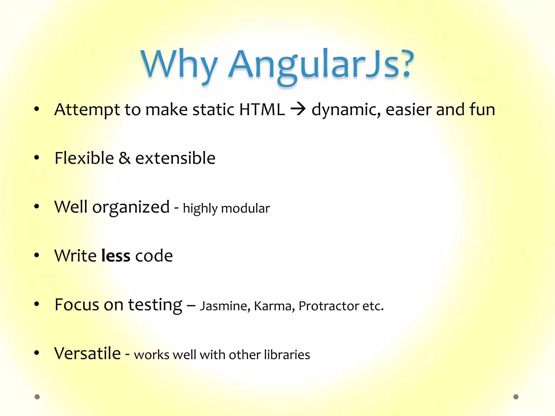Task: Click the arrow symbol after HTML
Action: pos(298,109)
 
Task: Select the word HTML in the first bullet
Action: pos(262,109)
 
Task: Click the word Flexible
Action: pos(84,158)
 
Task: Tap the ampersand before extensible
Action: pos(124,158)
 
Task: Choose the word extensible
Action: pos(175,158)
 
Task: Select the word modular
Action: pos(246,208)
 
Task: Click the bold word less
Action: pos(116,255)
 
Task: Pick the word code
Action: pos(154,255)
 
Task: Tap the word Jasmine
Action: pos(225,306)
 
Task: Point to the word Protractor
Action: pos(329,306)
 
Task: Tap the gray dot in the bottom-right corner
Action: pos(516,397)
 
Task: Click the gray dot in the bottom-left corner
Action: pos(37,397)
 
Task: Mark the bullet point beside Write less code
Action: pos(37,255)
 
